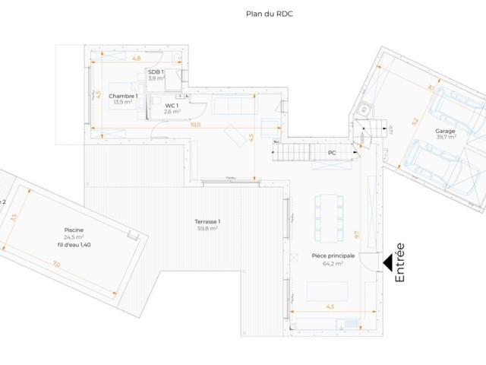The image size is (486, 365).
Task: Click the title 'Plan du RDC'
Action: (269, 13)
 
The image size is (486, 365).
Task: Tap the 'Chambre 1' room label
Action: (123, 96)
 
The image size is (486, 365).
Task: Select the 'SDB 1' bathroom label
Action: (156, 71)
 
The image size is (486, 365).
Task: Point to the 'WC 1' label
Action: (172, 106)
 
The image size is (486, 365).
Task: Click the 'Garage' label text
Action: (445, 132)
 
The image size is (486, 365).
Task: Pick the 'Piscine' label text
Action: (74, 230)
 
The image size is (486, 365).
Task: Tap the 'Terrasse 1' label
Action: (207, 221)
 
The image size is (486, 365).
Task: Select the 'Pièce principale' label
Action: (333, 256)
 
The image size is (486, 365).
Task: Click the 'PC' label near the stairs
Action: (332, 153)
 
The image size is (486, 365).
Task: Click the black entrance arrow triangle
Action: (387, 264)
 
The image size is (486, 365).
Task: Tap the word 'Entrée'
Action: (400, 263)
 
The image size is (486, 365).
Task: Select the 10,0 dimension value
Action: (195, 125)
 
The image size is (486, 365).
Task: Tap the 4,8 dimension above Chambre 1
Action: (137, 58)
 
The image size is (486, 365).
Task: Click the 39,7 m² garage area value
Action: (445, 138)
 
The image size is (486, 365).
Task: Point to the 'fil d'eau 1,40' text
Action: (74, 244)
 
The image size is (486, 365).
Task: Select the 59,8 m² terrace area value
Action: (207, 228)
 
